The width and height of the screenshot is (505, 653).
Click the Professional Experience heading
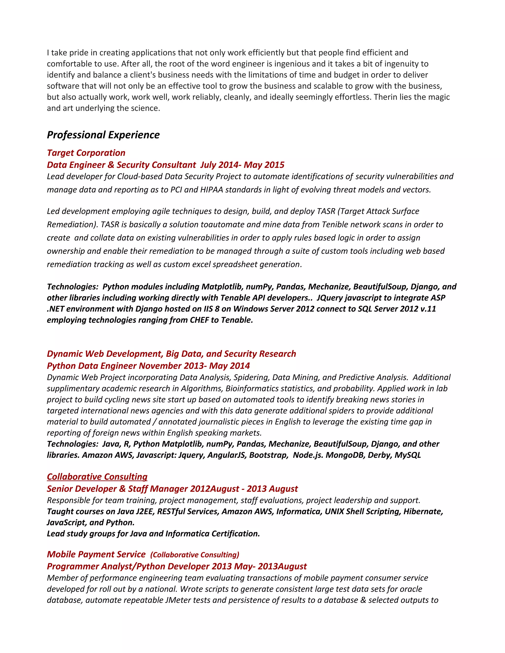pyautogui.click(x=103, y=135)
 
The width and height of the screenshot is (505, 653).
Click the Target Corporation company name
pyautogui.click(x=86, y=153)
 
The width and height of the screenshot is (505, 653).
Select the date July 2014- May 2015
pyautogui.click(x=242, y=165)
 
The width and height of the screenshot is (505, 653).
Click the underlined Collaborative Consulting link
pyautogui.click(x=97, y=477)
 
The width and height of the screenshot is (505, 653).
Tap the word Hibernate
pyautogui.click(x=423, y=511)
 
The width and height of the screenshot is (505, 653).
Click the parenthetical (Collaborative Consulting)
pyautogui.click(x=195, y=555)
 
